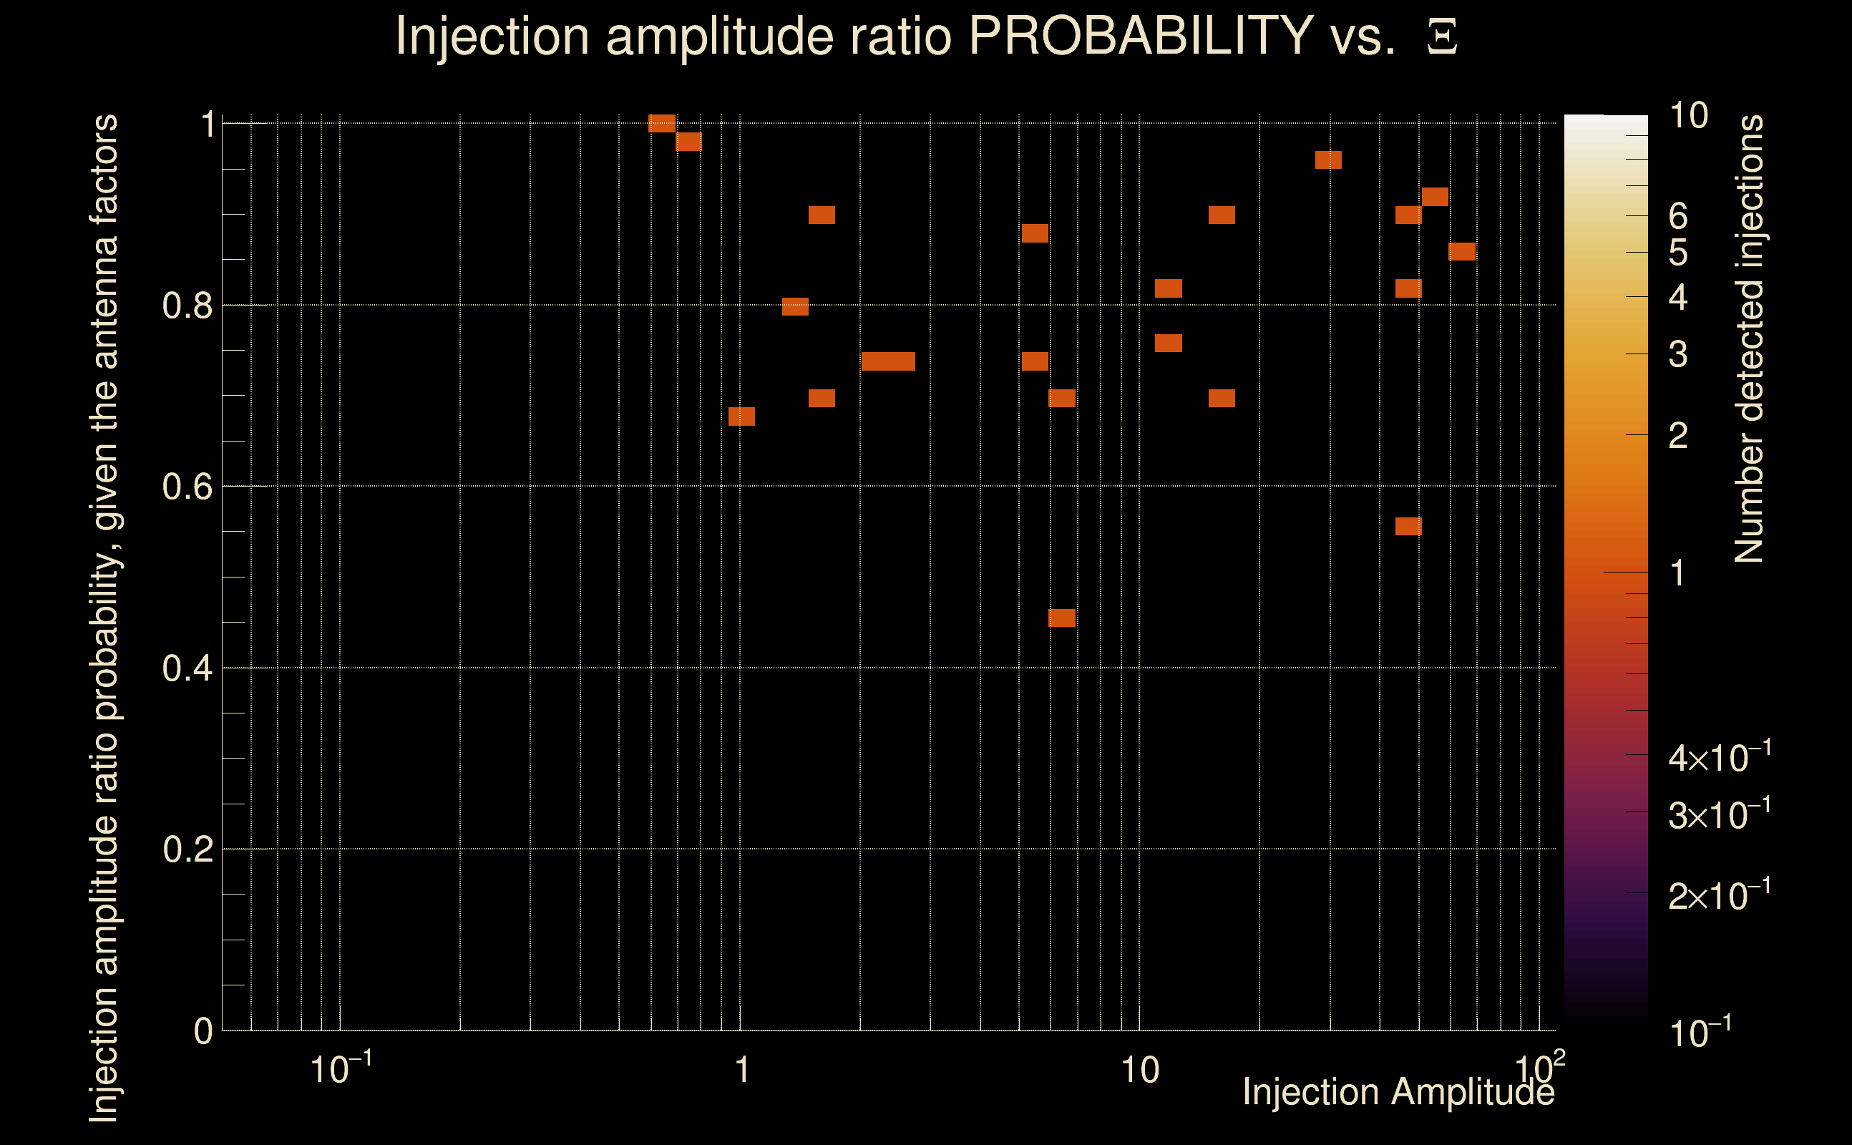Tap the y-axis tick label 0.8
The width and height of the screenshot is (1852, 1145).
(187, 306)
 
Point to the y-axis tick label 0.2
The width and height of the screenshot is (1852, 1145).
(187, 849)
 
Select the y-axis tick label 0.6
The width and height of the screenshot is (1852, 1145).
(187, 487)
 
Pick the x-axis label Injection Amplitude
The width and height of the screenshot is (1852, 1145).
(1398, 1093)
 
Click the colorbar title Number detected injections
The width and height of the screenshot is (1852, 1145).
(1748, 338)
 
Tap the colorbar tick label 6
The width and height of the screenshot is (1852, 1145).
(1678, 217)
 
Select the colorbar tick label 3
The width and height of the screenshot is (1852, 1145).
(1678, 354)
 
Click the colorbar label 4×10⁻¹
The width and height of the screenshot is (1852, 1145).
(1719, 758)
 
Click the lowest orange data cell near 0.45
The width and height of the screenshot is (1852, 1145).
(1061, 618)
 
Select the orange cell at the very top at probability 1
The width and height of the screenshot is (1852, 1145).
(662, 123)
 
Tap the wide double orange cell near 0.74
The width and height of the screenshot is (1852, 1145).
(888, 361)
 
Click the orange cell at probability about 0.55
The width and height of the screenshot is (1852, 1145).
(1408, 526)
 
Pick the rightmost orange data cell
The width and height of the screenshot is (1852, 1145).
(1461, 251)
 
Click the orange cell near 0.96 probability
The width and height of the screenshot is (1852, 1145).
(1328, 160)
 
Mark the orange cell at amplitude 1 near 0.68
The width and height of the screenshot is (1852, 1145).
(741, 416)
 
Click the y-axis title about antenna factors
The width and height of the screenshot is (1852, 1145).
(104, 618)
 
